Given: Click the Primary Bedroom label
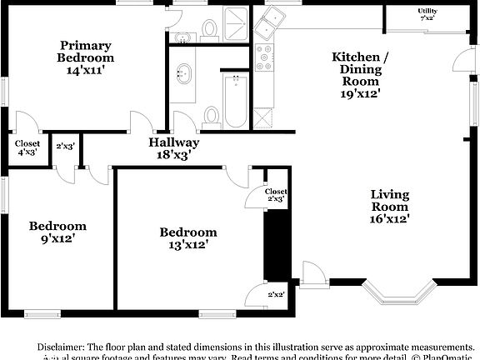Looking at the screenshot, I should coord(85,57).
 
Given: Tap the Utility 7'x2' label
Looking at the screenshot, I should coord(427,13).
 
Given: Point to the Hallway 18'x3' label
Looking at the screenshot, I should coord(174,147).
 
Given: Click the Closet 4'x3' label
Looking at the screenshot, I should coord(27,147).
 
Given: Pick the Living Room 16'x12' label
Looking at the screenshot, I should coord(390,207).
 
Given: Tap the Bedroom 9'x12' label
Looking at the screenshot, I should coord(57,232).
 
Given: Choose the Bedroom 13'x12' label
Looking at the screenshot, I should coord(188,237).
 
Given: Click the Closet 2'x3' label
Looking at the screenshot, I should coord(277,196).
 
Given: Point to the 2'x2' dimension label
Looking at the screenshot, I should coord(276,295).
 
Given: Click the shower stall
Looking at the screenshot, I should coord(237,25).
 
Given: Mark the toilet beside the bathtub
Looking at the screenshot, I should coord(212,114).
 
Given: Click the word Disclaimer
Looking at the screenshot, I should coord(61,346).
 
